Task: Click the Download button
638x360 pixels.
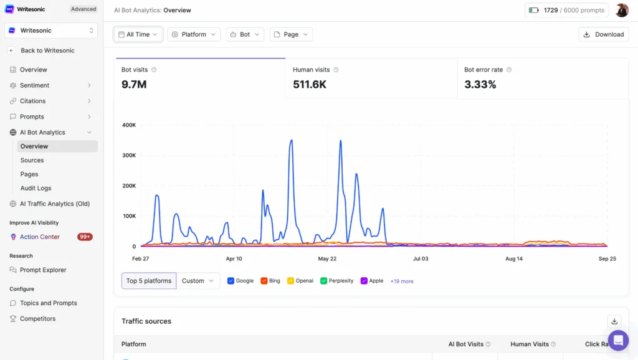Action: pyautogui.click(x=603, y=34)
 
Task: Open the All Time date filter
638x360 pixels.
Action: pyautogui.click(x=138, y=34)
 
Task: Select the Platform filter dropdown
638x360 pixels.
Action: pyautogui.click(x=194, y=34)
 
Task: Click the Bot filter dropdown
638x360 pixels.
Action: pyautogui.click(x=245, y=34)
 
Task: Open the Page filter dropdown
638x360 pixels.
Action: pyautogui.click(x=291, y=34)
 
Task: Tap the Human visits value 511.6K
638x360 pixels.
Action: pyautogui.click(x=310, y=84)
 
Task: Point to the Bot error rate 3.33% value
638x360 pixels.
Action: pyautogui.click(x=480, y=84)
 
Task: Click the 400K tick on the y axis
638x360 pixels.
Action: pyautogui.click(x=129, y=125)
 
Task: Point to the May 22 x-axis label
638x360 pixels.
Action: pyautogui.click(x=327, y=258)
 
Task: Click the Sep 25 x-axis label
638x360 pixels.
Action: pyautogui.click(x=607, y=258)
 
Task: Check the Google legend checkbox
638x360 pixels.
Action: pyautogui.click(x=231, y=281)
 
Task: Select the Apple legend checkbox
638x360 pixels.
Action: pyautogui.click(x=364, y=281)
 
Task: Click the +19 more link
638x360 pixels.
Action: pyautogui.click(x=402, y=282)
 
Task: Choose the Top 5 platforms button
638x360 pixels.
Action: pyautogui.click(x=149, y=281)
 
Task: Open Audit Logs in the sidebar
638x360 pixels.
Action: pyautogui.click(x=36, y=188)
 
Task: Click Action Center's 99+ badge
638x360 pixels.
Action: pyautogui.click(x=85, y=237)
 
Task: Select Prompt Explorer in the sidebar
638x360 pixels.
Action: pyautogui.click(x=43, y=270)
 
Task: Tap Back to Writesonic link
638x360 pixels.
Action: pyautogui.click(x=47, y=50)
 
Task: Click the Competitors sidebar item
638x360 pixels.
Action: pyautogui.click(x=37, y=318)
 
